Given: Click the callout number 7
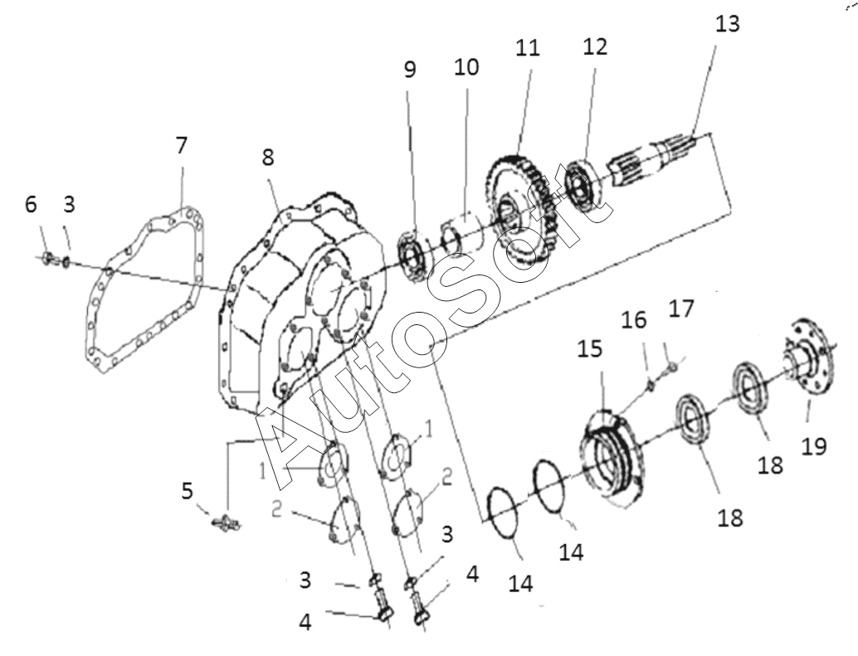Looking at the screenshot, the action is pos(182,145).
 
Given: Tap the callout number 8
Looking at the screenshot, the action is pos(267,158).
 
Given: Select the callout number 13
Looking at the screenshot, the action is pos(728,23).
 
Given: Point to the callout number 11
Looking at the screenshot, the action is pos(528,48).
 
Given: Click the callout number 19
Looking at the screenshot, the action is pos(814,446).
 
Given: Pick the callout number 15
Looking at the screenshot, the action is pos(590,349).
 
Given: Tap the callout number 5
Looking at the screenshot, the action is pos(188,491).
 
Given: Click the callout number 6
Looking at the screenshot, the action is pos(32,205).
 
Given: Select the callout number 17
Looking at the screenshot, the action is pos(680,309).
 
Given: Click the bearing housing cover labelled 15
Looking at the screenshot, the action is pos(610,456).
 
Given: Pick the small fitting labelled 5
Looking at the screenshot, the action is pos(226,523).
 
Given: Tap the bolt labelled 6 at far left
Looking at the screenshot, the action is pos(47,257).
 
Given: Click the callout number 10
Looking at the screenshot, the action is pos(466,67).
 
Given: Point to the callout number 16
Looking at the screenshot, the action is pos(634,320).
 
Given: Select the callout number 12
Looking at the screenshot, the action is pos(595,47).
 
